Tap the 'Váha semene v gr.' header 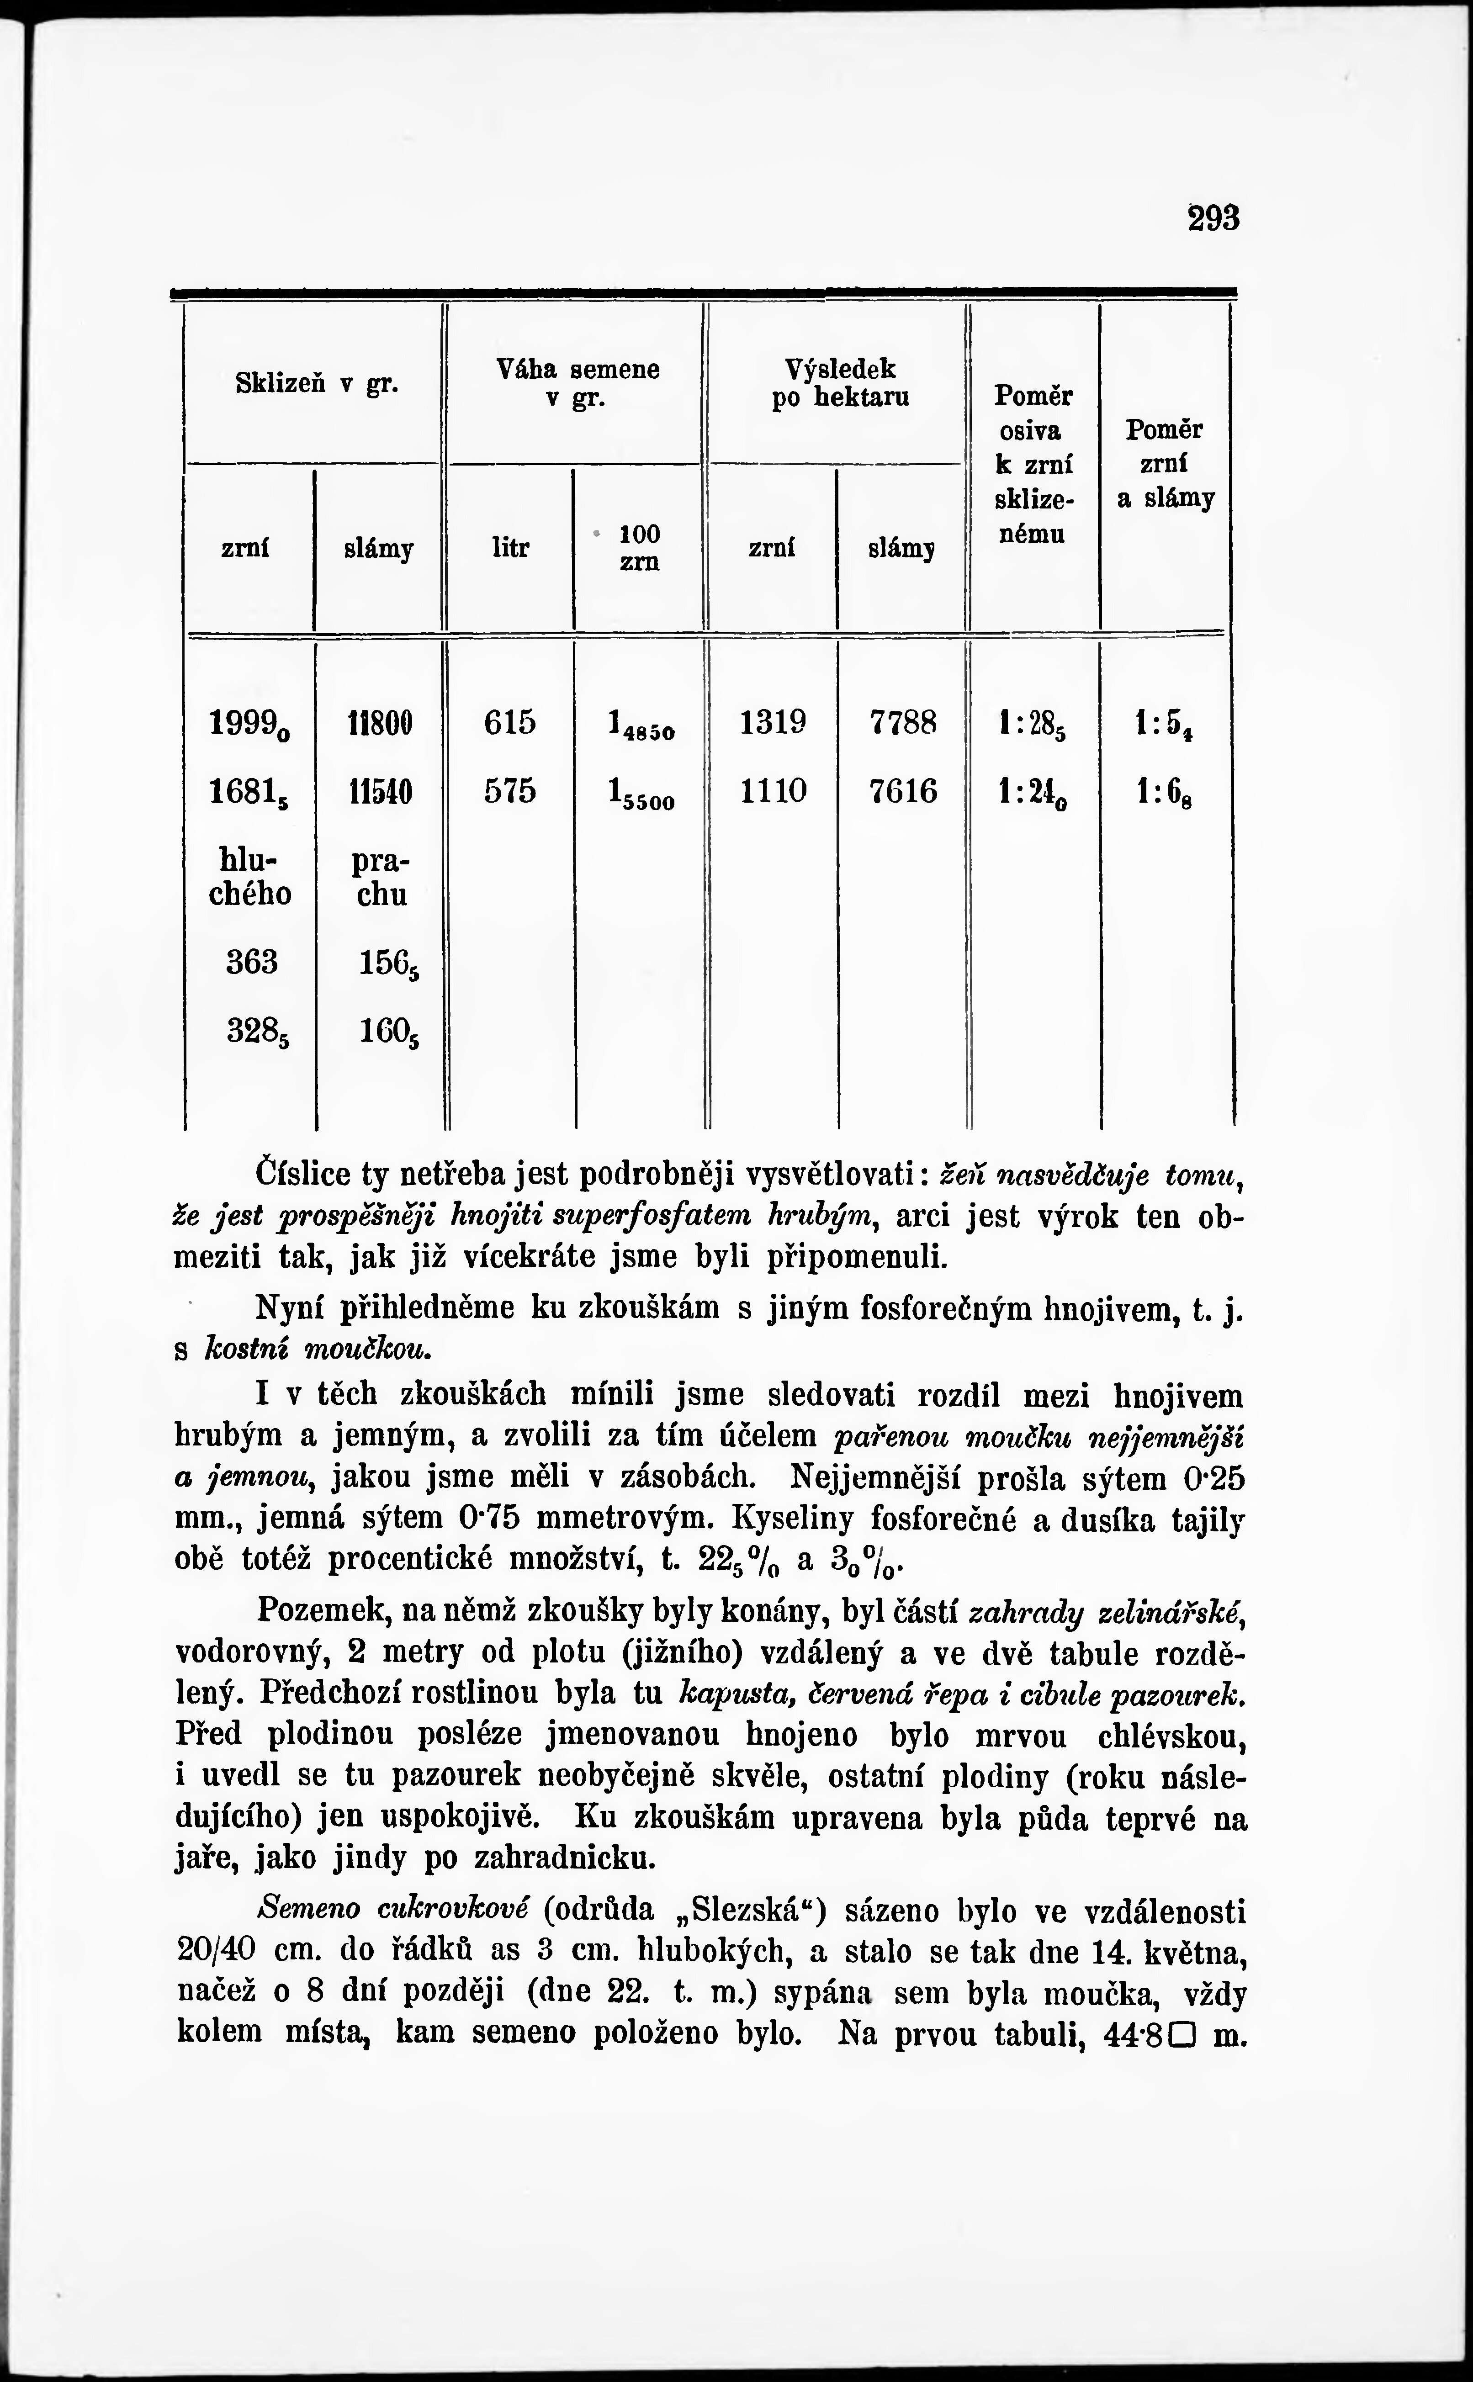coord(578,383)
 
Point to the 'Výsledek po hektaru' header coord(840,383)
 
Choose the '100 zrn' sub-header coord(639,547)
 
